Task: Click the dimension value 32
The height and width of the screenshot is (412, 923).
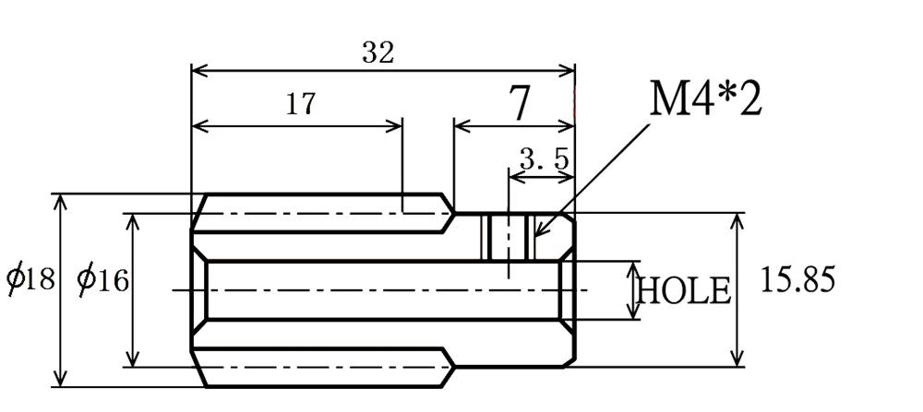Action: pos(378,53)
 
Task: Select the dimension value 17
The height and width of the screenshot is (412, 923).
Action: pos(299,103)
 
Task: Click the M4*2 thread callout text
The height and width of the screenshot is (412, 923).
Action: pos(706,98)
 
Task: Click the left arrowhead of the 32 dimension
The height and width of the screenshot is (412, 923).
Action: pos(197,70)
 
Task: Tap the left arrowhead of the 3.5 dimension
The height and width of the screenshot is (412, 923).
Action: pos(514,177)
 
